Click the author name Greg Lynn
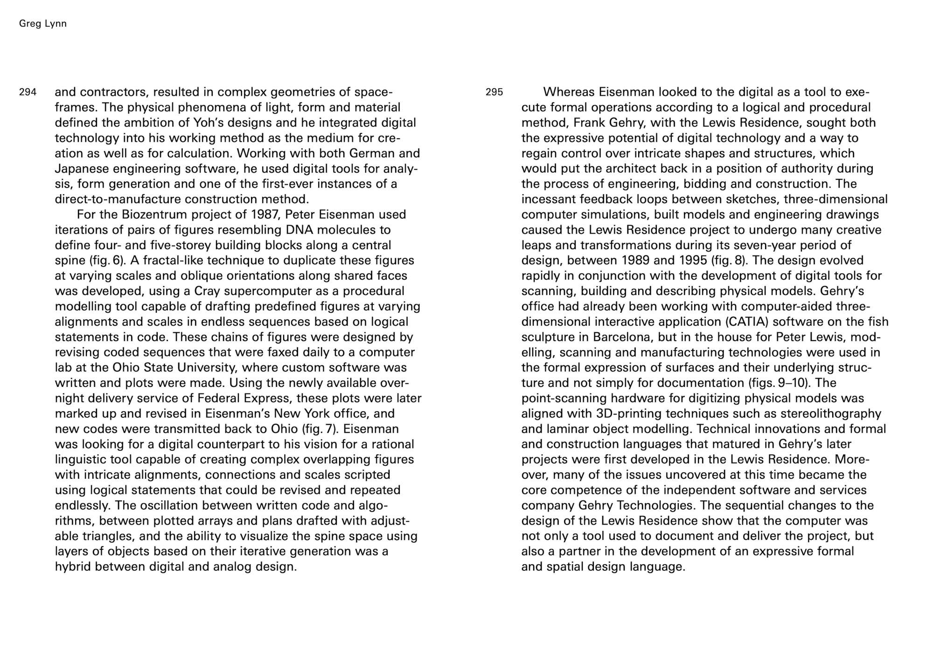click(x=43, y=24)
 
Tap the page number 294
click(x=28, y=92)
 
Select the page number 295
click(x=494, y=92)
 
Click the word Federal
click(x=221, y=399)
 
